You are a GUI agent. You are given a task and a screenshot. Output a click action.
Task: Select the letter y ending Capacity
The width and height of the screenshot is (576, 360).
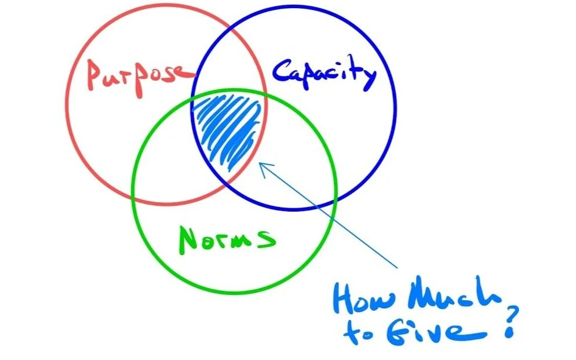(x=369, y=79)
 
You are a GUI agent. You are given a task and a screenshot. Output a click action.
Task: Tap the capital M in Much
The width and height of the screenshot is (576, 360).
(x=426, y=299)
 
